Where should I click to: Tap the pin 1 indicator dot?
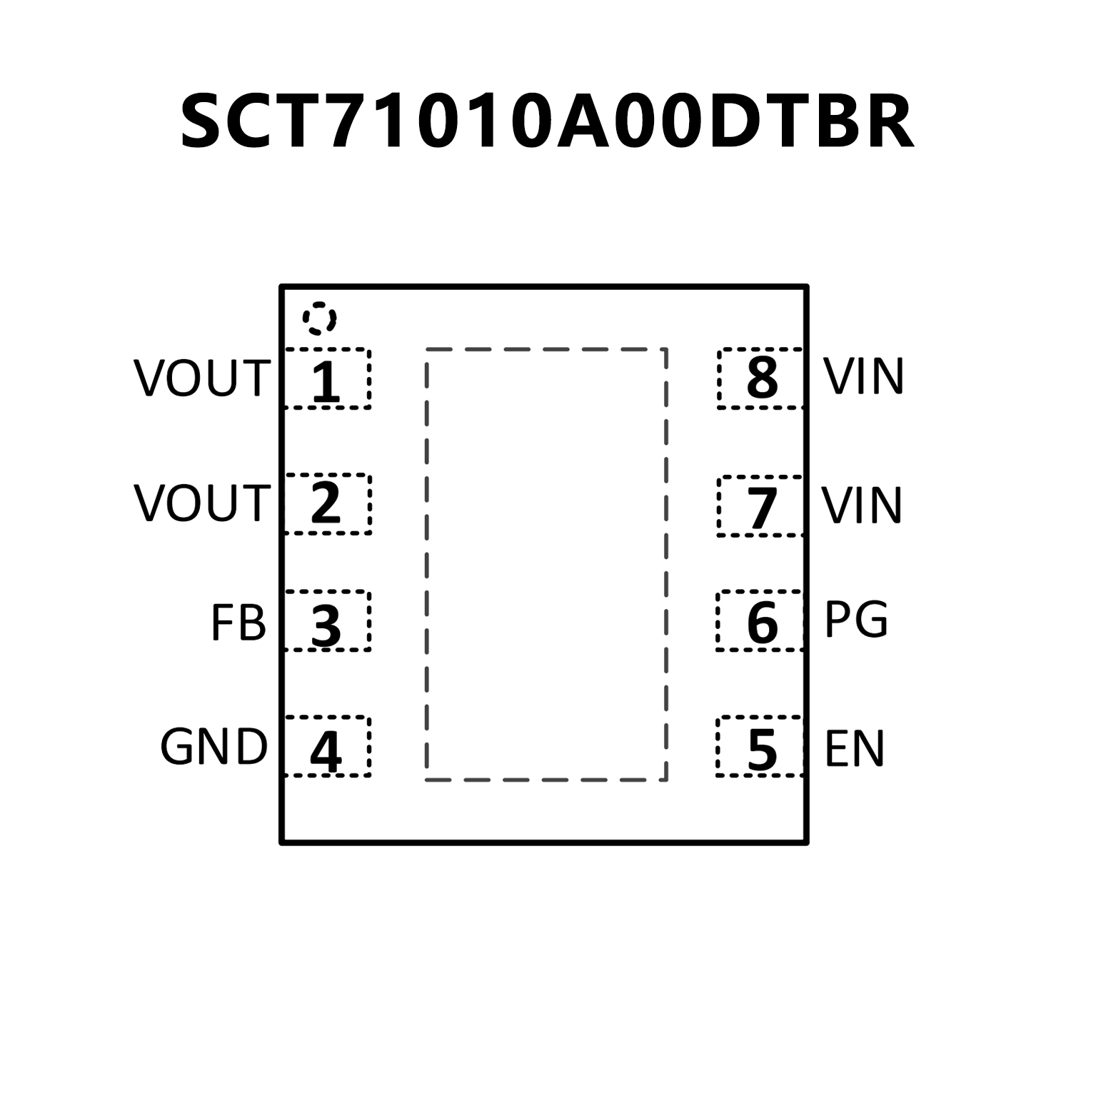click(319, 318)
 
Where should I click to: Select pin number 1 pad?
click(327, 379)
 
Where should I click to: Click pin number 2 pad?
click(327, 503)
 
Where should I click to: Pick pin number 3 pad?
click(327, 621)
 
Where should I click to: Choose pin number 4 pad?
click(327, 747)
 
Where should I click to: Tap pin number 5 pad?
click(761, 747)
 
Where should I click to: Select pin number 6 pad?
click(761, 621)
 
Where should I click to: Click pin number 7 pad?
click(761, 506)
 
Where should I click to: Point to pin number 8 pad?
click(761, 379)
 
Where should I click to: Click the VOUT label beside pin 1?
click(202, 379)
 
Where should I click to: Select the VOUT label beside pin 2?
click(202, 503)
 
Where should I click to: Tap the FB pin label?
click(238, 623)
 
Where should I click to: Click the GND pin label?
click(213, 748)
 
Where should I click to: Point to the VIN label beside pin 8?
click(864, 376)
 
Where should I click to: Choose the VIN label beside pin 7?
click(863, 505)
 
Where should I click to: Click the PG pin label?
click(856, 620)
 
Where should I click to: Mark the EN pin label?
click(855, 748)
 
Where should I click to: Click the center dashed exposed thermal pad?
click(546, 564)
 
